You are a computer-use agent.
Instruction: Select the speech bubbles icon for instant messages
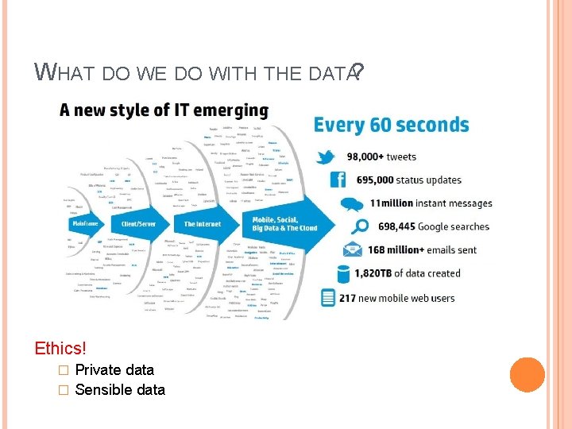(351, 204)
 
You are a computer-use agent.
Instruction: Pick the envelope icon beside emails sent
(350, 249)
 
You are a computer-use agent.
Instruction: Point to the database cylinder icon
(344, 274)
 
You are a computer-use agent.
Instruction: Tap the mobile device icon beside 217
(328, 298)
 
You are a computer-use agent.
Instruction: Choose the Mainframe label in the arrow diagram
(83, 225)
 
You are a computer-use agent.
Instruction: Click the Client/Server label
(133, 225)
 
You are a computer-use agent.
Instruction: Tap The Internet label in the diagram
(203, 225)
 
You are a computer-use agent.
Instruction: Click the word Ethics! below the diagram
(60, 348)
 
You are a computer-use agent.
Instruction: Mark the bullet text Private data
(114, 369)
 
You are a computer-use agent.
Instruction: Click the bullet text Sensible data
(120, 389)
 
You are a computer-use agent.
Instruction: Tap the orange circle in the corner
(528, 375)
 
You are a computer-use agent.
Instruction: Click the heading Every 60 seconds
(392, 126)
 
